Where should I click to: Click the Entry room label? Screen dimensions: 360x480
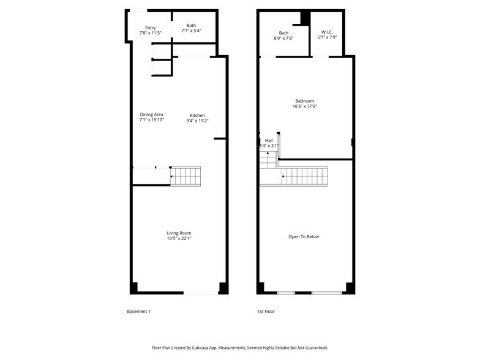(x=151, y=28)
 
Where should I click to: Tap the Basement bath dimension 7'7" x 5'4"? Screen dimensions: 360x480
(x=192, y=31)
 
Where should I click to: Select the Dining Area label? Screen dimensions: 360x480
(x=151, y=114)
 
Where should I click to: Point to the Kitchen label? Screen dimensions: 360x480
(x=197, y=116)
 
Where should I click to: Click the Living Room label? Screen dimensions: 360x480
(x=179, y=233)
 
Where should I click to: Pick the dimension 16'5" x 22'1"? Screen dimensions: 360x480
(x=179, y=239)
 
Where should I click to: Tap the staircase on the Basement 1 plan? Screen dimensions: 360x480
(x=186, y=176)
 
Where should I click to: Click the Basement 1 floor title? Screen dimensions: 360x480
(x=138, y=312)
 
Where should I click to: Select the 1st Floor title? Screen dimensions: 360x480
(x=266, y=312)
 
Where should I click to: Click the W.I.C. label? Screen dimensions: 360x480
(x=326, y=32)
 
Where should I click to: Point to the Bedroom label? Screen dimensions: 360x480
(x=304, y=101)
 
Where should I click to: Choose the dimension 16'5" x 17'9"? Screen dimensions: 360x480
(x=304, y=107)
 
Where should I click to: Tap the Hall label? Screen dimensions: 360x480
(x=269, y=140)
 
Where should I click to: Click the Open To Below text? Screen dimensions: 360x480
(x=304, y=237)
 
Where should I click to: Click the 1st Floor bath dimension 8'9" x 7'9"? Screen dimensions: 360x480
(x=283, y=38)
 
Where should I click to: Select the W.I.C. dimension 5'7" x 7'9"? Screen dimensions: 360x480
(x=326, y=38)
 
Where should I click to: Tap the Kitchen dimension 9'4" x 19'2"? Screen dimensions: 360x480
(x=197, y=121)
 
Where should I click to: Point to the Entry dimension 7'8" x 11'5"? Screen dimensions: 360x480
(x=151, y=33)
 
